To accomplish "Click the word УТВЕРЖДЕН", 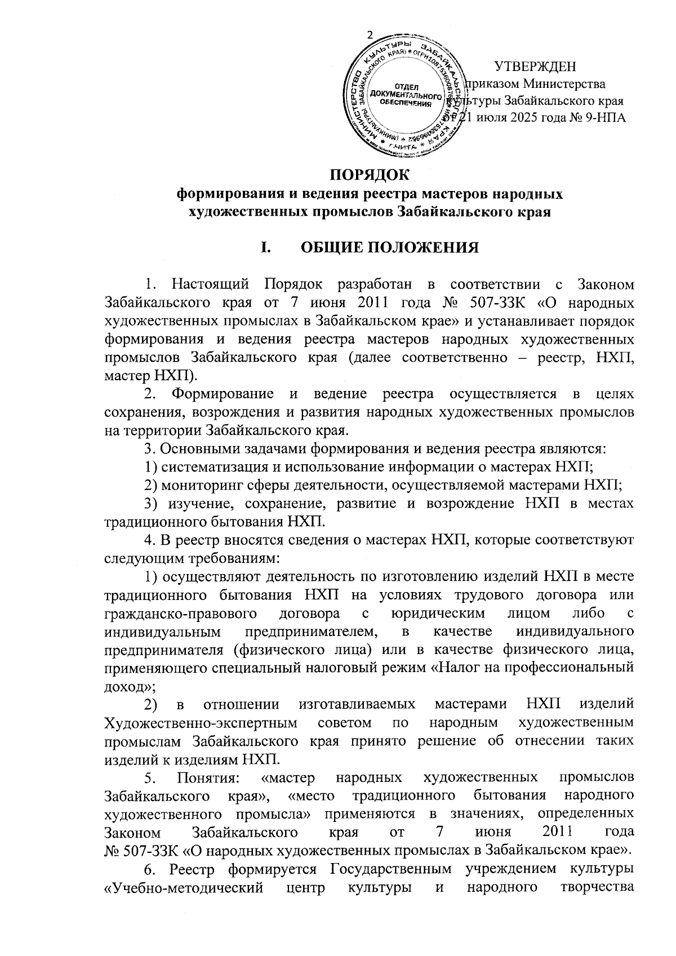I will pyautogui.click(x=535, y=67).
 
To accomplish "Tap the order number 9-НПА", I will pyautogui.click(x=605, y=117).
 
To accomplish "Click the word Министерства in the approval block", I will pyautogui.click(x=564, y=85).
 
